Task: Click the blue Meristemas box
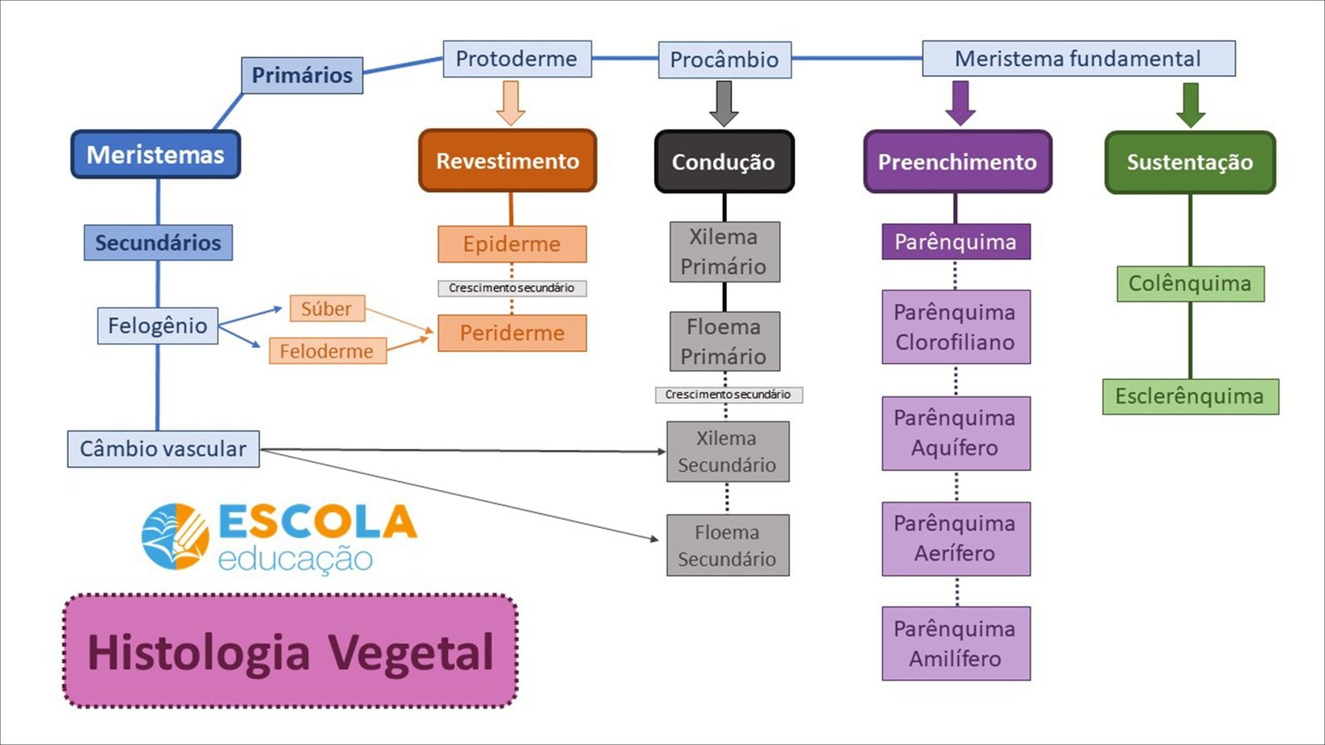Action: (156, 154)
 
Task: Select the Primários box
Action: (302, 75)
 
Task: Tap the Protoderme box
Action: (517, 59)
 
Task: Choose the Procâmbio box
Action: (725, 60)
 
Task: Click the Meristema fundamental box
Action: (1079, 59)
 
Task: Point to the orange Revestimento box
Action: (508, 161)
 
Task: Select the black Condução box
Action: (724, 161)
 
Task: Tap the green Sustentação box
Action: (1190, 162)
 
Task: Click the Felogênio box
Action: (157, 325)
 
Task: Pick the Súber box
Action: (327, 309)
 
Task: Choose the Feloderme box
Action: (328, 351)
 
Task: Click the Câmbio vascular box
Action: (163, 449)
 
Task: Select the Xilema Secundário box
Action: (728, 452)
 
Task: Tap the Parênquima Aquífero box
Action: (956, 434)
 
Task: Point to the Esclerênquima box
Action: (1190, 397)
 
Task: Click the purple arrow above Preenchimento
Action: (961, 103)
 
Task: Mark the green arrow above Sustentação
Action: (1191, 105)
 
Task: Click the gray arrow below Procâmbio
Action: (724, 104)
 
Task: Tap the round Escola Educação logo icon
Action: (176, 536)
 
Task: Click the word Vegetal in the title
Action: (411, 653)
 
